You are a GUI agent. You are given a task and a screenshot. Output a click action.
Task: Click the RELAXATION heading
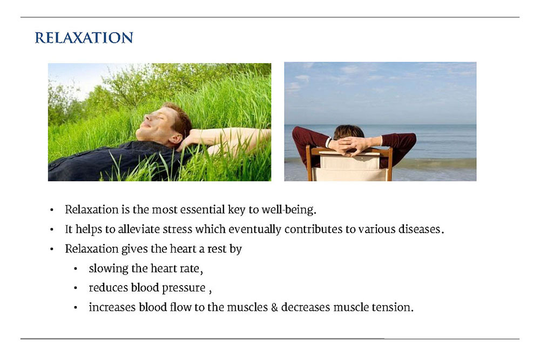(84, 38)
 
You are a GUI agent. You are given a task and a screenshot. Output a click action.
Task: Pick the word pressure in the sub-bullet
(184, 288)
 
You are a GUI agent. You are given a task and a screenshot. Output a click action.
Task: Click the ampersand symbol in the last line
(274, 307)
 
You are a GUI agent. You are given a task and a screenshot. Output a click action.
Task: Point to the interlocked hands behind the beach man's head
(349, 145)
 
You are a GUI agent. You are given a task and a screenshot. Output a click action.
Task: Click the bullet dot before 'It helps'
(52, 229)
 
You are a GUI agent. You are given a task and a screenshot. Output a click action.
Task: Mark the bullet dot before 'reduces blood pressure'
(76, 288)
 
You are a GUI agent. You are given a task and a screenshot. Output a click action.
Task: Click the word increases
(112, 307)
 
